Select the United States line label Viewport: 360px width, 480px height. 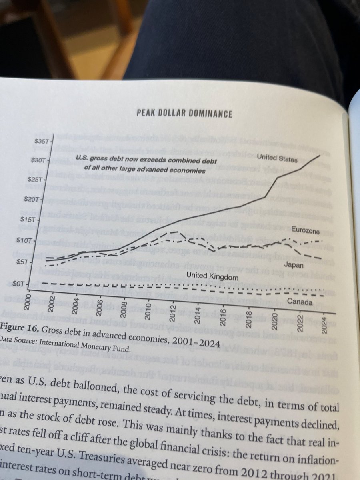(277, 158)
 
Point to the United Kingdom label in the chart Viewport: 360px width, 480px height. (212, 277)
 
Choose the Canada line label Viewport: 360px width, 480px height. (300, 302)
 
